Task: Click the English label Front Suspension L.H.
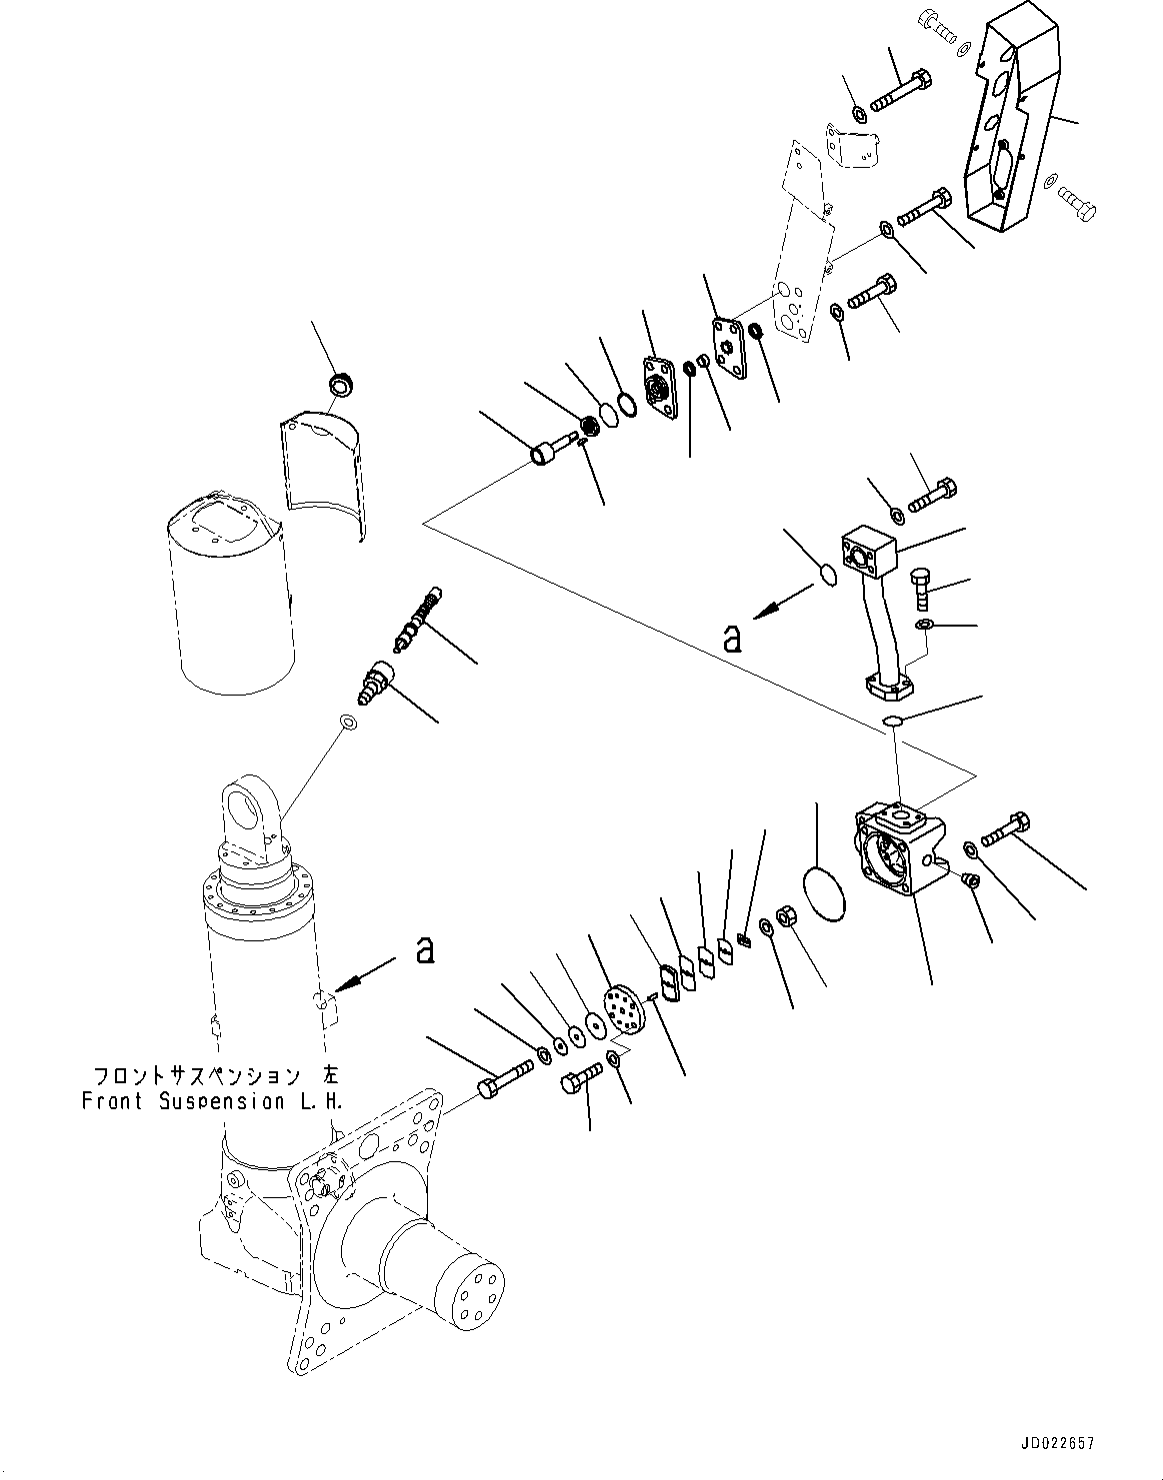click(x=212, y=1101)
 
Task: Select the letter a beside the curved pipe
click(x=732, y=638)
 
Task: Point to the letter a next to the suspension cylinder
click(x=425, y=949)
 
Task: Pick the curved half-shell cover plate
click(x=322, y=470)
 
